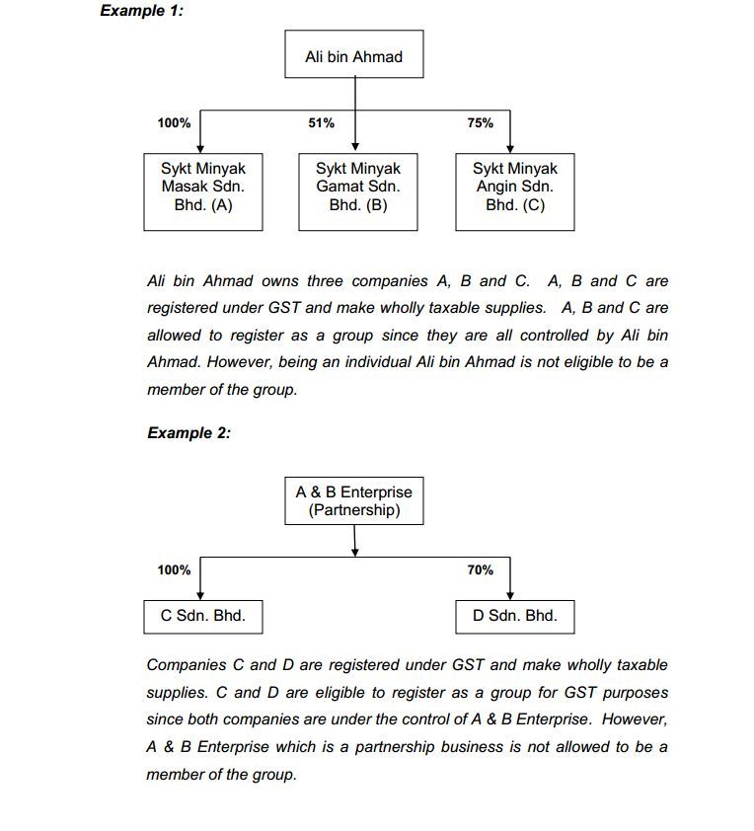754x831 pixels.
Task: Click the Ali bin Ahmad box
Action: point(353,56)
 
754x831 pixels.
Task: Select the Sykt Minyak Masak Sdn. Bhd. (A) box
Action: point(202,188)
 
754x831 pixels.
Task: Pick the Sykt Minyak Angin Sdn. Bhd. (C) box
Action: point(514,188)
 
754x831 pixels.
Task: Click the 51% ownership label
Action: point(322,123)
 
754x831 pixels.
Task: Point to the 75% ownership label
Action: point(481,123)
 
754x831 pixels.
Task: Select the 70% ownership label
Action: point(481,569)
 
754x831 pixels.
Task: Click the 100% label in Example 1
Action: point(174,123)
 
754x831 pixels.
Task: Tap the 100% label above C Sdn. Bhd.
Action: point(174,569)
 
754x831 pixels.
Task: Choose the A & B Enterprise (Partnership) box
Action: point(353,500)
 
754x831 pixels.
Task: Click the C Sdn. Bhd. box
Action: point(202,616)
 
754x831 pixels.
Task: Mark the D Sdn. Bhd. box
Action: point(514,616)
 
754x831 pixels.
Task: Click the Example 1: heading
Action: point(141,11)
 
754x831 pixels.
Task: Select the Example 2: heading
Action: point(188,432)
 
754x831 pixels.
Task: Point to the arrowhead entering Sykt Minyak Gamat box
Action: point(354,146)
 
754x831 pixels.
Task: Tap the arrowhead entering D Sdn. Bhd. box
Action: point(510,594)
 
